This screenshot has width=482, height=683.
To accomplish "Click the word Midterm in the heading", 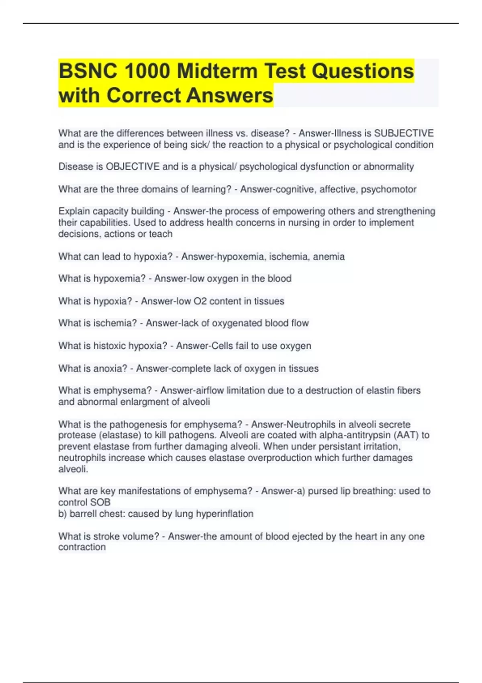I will (217, 71).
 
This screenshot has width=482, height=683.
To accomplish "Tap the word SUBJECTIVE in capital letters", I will (404, 133).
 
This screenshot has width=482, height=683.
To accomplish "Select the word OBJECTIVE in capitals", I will (133, 166).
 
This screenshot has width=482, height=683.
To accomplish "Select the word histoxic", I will (109, 346).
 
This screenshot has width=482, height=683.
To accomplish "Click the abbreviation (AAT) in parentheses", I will (406, 435).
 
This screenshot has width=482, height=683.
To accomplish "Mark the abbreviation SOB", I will (100, 502).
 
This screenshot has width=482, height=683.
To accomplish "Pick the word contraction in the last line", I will (82, 547).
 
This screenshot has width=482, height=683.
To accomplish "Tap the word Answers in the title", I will (229, 96).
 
